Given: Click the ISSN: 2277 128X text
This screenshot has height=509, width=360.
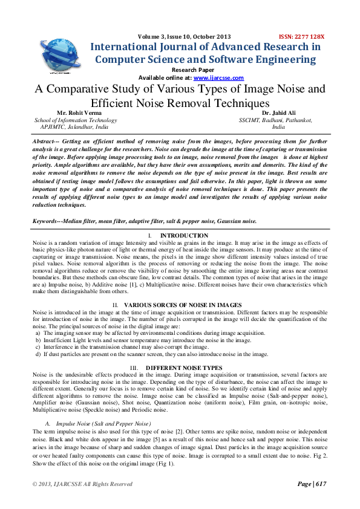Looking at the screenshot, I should click(301, 36).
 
